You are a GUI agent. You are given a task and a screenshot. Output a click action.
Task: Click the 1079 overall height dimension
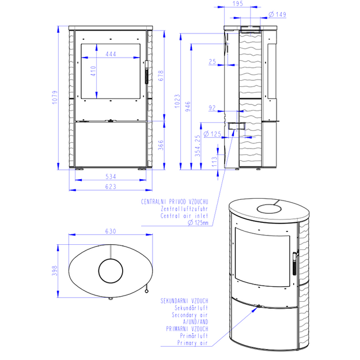click(x=55, y=97)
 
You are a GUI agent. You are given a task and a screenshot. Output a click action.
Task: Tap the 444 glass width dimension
click(x=111, y=54)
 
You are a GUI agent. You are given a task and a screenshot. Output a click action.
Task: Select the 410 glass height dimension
click(x=93, y=71)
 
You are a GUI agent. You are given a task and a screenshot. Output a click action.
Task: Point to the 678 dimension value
click(x=161, y=76)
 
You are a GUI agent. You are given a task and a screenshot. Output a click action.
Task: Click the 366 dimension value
click(x=161, y=145)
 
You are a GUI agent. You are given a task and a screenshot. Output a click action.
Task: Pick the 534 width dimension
click(x=111, y=177)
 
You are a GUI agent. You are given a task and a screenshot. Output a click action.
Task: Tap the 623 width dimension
click(x=111, y=187)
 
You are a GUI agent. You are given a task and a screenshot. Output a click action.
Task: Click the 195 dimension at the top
click(x=238, y=3)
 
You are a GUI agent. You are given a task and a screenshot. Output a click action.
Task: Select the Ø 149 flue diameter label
click(x=278, y=14)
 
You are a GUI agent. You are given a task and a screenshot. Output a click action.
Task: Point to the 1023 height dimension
click(x=177, y=101)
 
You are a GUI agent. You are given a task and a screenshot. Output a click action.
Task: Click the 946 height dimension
click(x=188, y=107)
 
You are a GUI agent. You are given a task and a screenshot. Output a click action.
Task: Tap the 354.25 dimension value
click(x=198, y=146)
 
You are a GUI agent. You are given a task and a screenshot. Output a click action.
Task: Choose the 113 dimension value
click(x=214, y=162)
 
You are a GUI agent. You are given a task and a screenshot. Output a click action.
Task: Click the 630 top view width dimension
click(x=111, y=231)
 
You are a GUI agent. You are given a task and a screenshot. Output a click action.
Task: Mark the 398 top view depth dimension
click(x=55, y=271)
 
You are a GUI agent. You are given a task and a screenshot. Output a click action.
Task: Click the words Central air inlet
click(x=184, y=216)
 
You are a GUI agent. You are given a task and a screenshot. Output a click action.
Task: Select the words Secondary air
click(x=190, y=315)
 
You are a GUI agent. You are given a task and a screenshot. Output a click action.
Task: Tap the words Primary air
click(x=192, y=343)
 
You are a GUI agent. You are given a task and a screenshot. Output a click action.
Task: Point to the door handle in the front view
click(x=146, y=72)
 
